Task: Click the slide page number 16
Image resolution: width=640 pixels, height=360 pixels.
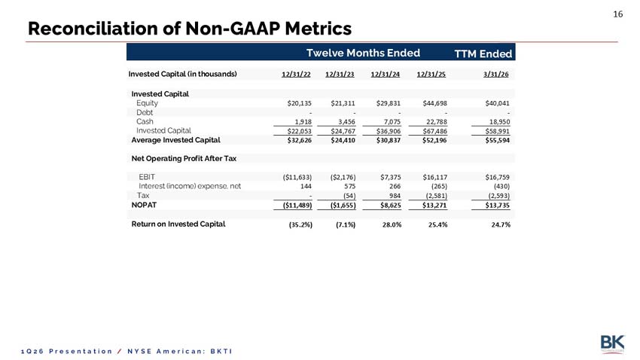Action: pyautogui.click(x=618, y=14)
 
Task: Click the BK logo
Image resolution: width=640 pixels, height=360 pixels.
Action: pyautogui.click(x=612, y=344)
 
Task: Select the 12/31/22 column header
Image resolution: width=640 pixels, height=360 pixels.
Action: pyautogui.click(x=296, y=75)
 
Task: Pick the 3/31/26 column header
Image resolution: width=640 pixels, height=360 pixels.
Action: pyautogui.click(x=496, y=75)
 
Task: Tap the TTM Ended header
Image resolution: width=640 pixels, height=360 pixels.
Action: pyautogui.click(x=483, y=54)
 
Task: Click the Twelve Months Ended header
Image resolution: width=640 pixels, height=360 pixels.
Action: pyautogui.click(x=363, y=53)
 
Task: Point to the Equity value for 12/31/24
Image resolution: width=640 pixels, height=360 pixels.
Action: pyautogui.click(x=389, y=103)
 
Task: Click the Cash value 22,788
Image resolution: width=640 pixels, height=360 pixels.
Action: pyautogui.click(x=435, y=122)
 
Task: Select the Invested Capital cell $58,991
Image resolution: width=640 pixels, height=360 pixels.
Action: pyautogui.click(x=497, y=131)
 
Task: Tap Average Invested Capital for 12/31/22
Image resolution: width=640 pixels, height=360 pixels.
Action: pyautogui.click(x=299, y=140)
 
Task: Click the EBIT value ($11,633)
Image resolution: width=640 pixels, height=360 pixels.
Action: pyautogui.click(x=297, y=177)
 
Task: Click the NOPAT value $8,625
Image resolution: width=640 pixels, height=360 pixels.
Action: pyautogui.click(x=391, y=206)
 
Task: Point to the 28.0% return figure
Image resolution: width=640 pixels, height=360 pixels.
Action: pyautogui.click(x=392, y=224)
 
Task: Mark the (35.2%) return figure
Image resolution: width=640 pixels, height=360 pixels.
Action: pyautogui.click(x=301, y=224)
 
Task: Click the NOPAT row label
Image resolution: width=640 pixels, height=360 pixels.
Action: pyautogui.click(x=144, y=205)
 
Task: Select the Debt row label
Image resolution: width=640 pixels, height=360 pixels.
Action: pyautogui.click(x=145, y=112)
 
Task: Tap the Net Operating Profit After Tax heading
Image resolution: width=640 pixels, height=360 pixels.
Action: pyautogui.click(x=184, y=158)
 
